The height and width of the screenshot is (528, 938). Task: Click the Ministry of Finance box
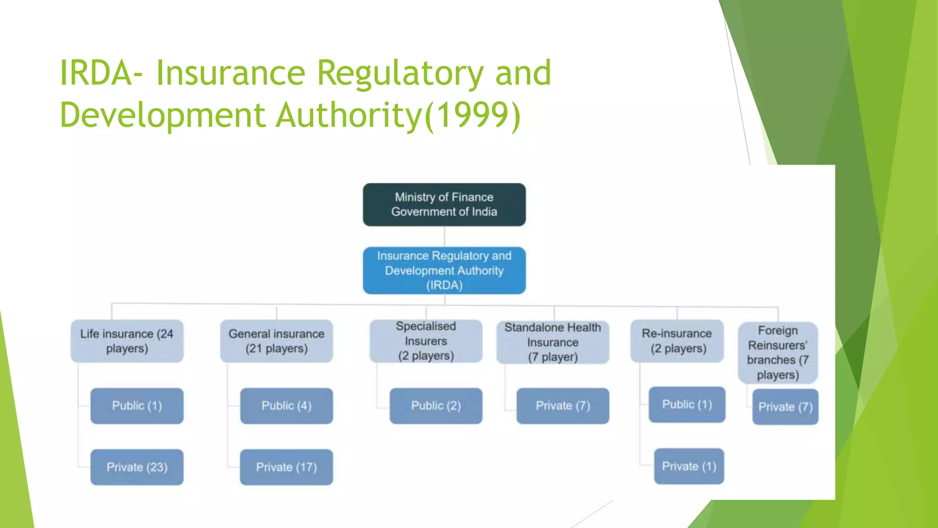coord(444,204)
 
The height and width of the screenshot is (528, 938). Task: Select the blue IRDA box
coord(444,270)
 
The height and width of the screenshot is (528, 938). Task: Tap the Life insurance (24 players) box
coord(127,341)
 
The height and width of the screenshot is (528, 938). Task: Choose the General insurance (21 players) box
coord(276,341)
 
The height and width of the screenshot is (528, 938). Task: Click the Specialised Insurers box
coord(425,341)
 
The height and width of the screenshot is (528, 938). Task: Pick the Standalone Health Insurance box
coord(552,342)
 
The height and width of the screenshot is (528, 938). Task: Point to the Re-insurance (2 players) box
coord(677,341)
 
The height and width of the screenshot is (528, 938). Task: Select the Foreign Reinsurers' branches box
coord(778,352)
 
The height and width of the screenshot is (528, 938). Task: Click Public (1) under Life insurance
coord(137,406)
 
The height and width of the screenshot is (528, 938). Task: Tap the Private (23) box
coord(137,467)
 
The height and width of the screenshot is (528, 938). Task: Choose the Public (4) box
coord(286,406)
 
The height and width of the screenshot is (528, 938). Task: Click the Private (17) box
coord(286,467)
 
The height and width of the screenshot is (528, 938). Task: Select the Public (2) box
coord(436,406)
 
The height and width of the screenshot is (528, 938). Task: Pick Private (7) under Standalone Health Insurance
coord(562,406)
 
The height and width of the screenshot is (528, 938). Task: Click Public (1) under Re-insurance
coord(687,404)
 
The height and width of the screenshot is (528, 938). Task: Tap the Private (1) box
coord(689,466)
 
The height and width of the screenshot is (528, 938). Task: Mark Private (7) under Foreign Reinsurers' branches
coord(785,407)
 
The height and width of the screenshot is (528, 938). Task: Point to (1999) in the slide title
coord(473,115)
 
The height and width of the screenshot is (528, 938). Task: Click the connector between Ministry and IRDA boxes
coord(444,236)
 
